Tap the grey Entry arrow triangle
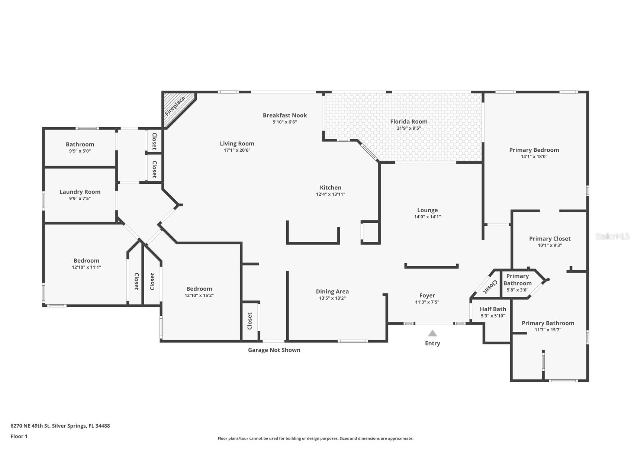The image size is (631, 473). [432, 333]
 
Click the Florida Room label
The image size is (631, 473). [409, 122]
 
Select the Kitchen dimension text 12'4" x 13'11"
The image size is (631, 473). [331, 194]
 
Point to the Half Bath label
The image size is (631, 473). [493, 309]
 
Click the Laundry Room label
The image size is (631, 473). [80, 192]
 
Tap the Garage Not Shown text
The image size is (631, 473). [274, 350]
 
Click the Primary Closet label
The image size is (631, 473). [550, 239]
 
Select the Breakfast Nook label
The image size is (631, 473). [285, 115]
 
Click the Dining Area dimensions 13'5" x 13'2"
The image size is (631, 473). [332, 298]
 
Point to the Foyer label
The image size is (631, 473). [427, 296]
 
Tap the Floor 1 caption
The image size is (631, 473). [19, 436]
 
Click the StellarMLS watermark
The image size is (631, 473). [612, 236]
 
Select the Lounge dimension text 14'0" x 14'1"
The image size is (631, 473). [427, 217]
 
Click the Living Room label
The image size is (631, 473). [237, 144]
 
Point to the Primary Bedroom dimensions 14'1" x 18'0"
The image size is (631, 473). [534, 157]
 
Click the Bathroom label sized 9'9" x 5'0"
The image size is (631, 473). [80, 144]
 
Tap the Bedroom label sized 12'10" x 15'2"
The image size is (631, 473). [199, 289]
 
